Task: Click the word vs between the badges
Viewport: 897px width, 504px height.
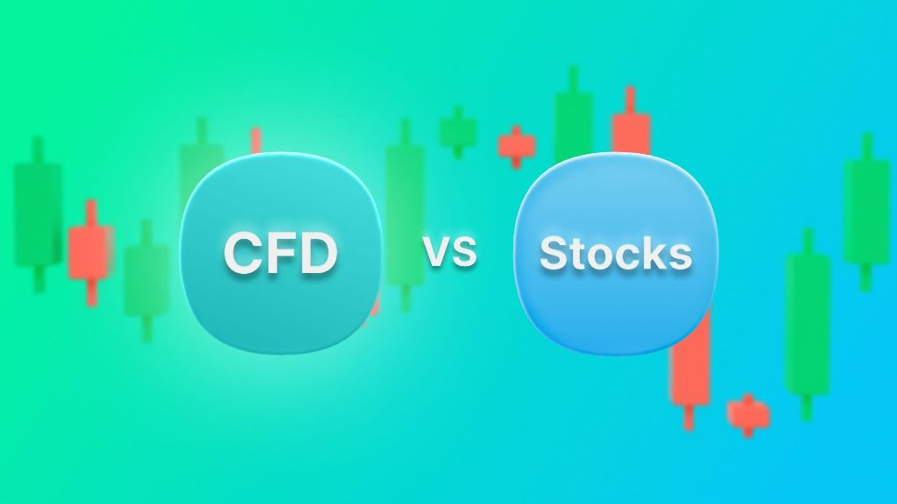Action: [x=449, y=252]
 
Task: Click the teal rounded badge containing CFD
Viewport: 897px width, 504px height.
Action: [x=281, y=254]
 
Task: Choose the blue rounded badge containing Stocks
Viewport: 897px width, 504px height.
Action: [x=616, y=254]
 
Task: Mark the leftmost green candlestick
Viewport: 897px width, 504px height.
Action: [x=38, y=214]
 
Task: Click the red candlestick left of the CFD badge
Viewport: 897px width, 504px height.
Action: [x=90, y=253]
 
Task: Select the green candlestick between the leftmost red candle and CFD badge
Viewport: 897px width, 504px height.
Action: [x=147, y=280]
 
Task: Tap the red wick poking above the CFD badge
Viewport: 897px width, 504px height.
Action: [x=257, y=141]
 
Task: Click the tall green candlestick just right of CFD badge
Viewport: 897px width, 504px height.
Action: [x=406, y=216]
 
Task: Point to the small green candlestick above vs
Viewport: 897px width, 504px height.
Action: [x=457, y=132]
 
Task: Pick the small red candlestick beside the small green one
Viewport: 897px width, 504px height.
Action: [x=517, y=147]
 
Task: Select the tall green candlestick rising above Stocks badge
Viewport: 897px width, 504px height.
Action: [x=573, y=115]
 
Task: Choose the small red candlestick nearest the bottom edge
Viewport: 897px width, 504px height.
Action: [x=748, y=414]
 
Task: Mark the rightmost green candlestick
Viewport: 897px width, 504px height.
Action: [x=866, y=212]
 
